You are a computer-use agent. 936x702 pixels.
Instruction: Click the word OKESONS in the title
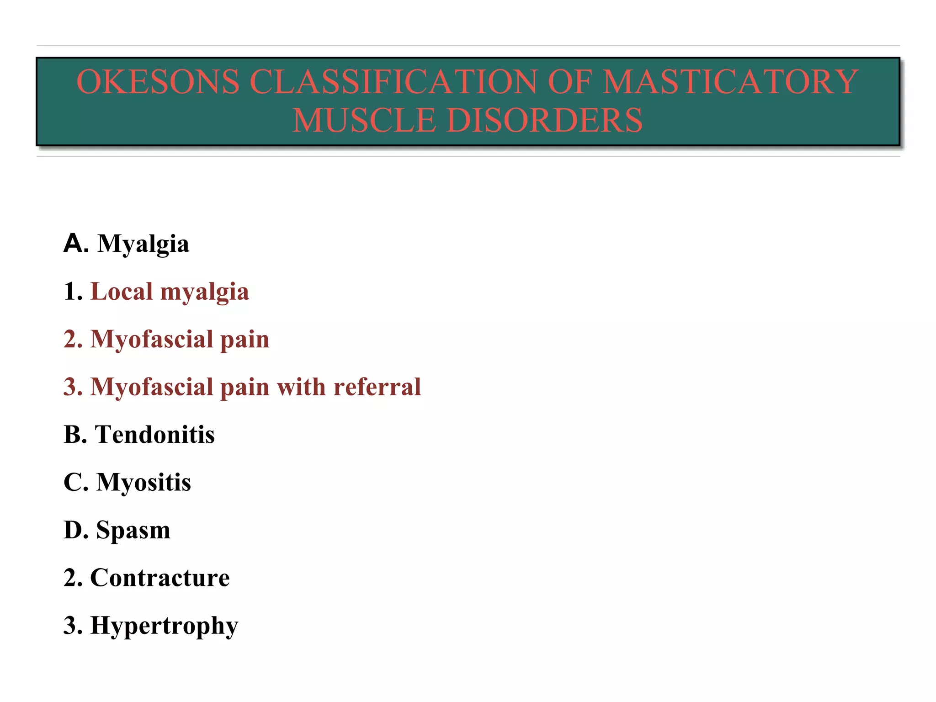pyautogui.click(x=158, y=82)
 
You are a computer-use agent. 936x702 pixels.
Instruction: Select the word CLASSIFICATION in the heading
pyautogui.click(x=393, y=82)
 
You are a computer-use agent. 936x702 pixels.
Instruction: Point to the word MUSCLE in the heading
pyautogui.click(x=364, y=120)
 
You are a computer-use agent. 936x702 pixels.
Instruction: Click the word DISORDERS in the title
pyautogui.click(x=545, y=120)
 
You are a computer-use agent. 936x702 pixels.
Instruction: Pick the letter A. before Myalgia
pyautogui.click(x=76, y=243)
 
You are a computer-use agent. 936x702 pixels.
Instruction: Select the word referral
pyautogui.click(x=377, y=387)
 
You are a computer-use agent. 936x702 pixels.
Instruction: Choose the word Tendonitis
pyautogui.click(x=154, y=435)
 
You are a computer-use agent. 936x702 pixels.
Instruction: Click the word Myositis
pyautogui.click(x=144, y=483)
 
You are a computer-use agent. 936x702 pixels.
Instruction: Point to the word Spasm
pyautogui.click(x=133, y=530)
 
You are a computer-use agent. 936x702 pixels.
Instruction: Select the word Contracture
pyautogui.click(x=160, y=578)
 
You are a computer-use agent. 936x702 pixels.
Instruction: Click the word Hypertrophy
pyautogui.click(x=164, y=626)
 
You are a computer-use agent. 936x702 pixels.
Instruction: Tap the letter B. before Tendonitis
pyautogui.click(x=75, y=435)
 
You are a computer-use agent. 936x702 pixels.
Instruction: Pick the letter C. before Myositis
pyautogui.click(x=76, y=483)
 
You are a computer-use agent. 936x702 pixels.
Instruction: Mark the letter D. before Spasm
pyautogui.click(x=76, y=530)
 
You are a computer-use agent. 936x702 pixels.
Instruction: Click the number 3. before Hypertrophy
pyautogui.click(x=73, y=626)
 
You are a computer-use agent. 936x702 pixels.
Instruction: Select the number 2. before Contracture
pyautogui.click(x=73, y=578)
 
